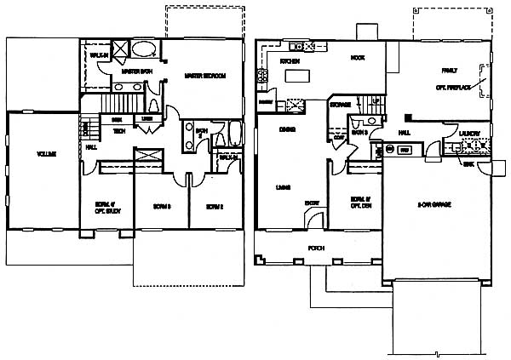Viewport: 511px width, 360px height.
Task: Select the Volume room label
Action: tap(46, 154)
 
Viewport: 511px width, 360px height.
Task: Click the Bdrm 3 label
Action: tap(162, 206)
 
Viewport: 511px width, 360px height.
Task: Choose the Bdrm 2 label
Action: tap(214, 206)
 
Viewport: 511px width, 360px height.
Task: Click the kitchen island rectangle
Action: tap(297, 77)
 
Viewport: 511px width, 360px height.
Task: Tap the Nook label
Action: tap(357, 58)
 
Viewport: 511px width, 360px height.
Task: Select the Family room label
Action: tap(449, 71)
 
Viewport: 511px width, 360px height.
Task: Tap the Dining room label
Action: tap(287, 129)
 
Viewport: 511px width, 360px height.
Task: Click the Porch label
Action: tap(316, 248)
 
